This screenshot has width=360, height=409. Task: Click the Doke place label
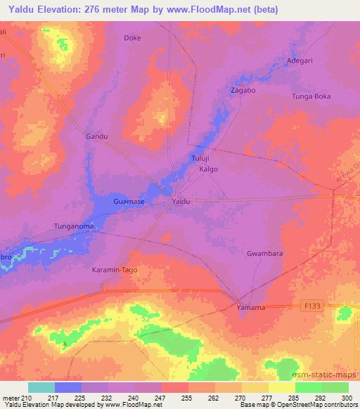132,38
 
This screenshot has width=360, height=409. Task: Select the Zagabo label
243,91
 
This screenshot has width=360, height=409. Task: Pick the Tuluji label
201,159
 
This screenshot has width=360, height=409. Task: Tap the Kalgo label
209,169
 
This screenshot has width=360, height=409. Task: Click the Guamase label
129,202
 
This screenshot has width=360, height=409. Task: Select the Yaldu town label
181,202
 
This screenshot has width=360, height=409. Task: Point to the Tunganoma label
74,226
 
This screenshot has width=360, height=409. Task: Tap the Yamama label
251,308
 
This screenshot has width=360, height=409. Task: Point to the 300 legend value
347,398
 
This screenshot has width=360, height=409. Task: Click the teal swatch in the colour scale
41,387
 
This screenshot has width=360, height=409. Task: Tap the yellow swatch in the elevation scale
281,387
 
